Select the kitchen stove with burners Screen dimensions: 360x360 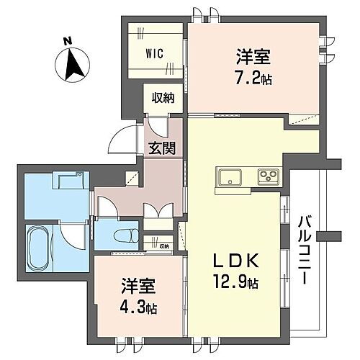(x=269, y=177)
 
